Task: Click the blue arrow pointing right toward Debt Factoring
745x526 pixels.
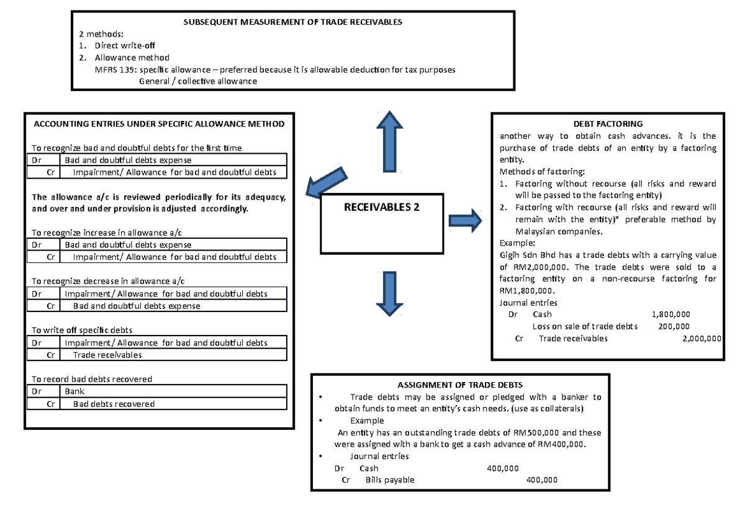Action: pyautogui.click(x=465, y=221)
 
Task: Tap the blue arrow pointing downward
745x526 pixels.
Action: pyautogui.click(x=389, y=295)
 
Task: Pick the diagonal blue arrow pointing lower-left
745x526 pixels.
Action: pyautogui.click(x=329, y=185)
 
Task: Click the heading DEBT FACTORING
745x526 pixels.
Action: pyautogui.click(x=608, y=124)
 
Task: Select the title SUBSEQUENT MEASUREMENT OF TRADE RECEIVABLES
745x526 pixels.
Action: pyautogui.click(x=292, y=22)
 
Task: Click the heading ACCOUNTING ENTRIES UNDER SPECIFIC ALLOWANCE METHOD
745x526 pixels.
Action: pyautogui.click(x=158, y=123)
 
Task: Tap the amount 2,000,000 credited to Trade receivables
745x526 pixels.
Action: pyautogui.click(x=701, y=339)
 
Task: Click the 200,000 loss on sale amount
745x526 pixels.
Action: pyautogui.click(x=675, y=326)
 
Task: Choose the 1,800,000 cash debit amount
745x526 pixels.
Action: pyautogui.click(x=670, y=314)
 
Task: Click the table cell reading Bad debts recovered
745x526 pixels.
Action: pyautogui.click(x=114, y=404)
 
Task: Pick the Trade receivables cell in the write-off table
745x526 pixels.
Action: pyautogui.click(x=107, y=355)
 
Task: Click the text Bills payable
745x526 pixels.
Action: pyautogui.click(x=390, y=480)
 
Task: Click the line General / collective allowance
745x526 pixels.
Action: pyautogui.click(x=197, y=81)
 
